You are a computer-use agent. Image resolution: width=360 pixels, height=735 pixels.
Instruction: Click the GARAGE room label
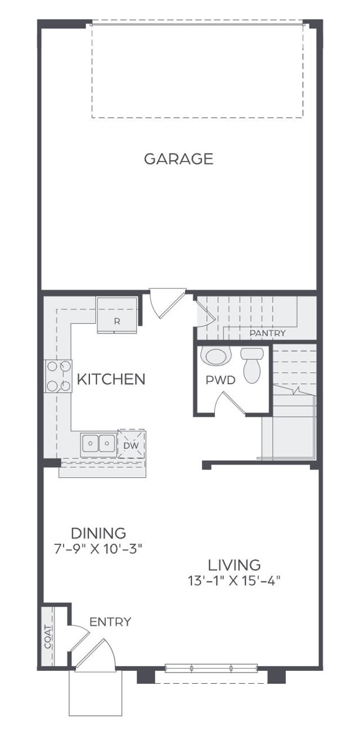[178, 159]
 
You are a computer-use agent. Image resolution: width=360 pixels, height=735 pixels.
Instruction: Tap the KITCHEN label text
[111, 380]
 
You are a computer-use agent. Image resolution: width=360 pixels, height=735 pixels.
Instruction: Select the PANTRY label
[267, 333]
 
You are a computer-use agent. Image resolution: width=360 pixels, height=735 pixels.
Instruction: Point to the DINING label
[98, 533]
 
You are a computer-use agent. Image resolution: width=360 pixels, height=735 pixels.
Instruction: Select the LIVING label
[234, 565]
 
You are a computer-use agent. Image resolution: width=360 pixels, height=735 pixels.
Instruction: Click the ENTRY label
[110, 622]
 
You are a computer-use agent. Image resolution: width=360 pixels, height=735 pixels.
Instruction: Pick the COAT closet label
[48, 637]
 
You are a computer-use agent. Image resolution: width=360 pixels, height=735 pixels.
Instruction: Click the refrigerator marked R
[117, 315]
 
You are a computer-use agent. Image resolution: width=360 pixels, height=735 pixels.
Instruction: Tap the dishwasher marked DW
[130, 445]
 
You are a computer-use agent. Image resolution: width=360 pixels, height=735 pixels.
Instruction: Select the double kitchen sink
[98, 444]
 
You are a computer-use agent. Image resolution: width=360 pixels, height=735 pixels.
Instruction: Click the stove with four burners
[58, 376]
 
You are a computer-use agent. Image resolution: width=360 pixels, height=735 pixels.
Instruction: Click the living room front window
[211, 669]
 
